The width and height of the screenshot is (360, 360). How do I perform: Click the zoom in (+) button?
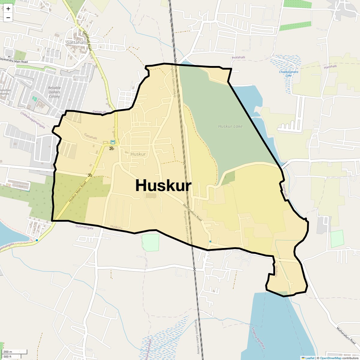coord(8,9)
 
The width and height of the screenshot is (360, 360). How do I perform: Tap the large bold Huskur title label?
coord(163,185)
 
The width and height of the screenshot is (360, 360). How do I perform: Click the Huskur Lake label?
coord(230,126)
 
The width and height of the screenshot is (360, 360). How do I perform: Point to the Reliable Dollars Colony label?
coord(54,92)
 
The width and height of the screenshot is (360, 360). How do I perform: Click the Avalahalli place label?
coord(238,57)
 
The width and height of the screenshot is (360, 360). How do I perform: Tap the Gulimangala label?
coord(84,228)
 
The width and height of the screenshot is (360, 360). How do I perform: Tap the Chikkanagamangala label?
coord(33,120)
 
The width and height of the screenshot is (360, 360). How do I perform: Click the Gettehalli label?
coord(99,112)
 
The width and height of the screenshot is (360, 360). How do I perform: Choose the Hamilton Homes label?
coord(4,92)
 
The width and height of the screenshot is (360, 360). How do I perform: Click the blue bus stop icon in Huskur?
coord(113,142)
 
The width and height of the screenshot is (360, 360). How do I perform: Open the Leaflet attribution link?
coord(310,358)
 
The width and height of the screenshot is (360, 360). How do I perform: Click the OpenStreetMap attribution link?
coord(331,358)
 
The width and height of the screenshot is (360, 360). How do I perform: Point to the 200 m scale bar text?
coord(8,352)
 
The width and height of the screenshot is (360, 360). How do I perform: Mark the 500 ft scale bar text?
coord(7,356)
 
